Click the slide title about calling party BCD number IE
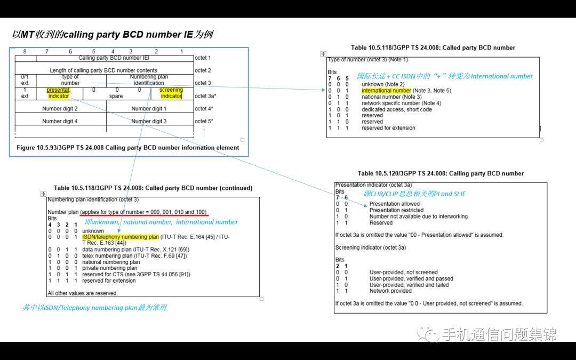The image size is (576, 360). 113,35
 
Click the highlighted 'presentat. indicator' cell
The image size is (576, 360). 59,93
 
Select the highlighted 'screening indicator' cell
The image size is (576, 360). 171,93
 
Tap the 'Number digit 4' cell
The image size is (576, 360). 60,121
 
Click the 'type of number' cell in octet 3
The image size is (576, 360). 70,80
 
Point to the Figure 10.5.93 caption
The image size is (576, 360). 128,148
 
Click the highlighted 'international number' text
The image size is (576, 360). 386,91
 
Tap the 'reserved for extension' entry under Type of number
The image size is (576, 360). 388,128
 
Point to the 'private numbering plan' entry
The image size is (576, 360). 109,268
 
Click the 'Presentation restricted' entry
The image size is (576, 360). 397,210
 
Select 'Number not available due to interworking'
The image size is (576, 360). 418,217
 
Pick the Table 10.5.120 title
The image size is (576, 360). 441,173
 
